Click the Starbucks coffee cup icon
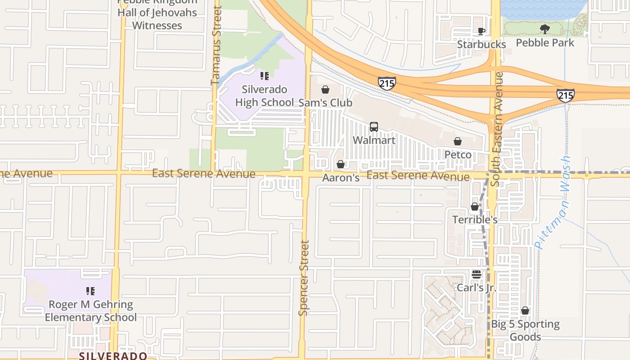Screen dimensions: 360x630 [481, 31]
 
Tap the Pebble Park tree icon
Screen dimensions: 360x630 [545, 30]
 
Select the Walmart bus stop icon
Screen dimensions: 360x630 [374, 127]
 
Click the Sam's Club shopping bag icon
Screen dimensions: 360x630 [325, 90]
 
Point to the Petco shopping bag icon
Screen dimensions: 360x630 [458, 141]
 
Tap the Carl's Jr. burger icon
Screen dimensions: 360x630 [477, 274]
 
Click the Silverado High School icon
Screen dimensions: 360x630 [265, 76]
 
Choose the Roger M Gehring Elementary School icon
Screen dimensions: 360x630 [90, 291]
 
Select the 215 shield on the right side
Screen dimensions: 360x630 [565, 95]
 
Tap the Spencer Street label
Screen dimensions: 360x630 [304, 278]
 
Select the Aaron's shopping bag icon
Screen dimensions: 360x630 [341, 164]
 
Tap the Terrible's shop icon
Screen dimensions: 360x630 [475, 207]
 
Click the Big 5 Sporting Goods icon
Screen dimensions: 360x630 [525, 310]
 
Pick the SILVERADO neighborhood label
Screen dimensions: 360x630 [113, 355]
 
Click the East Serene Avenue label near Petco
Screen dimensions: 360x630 [418, 176]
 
